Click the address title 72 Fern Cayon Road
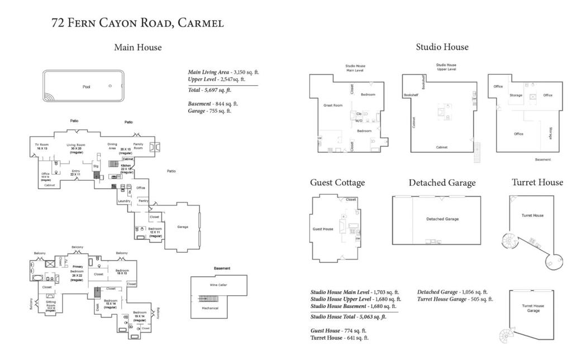(x=137, y=23)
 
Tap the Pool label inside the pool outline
(x=86, y=87)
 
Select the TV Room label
(x=42, y=147)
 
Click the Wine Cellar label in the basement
(x=218, y=285)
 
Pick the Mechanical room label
(x=210, y=308)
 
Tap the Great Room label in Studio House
(x=333, y=105)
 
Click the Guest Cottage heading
(x=337, y=183)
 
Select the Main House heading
(x=137, y=47)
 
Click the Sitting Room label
(x=50, y=304)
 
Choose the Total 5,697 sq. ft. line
(x=209, y=90)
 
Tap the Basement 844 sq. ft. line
(x=213, y=103)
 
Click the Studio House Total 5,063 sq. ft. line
(x=349, y=316)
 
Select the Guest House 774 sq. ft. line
(x=339, y=330)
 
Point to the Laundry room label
(x=123, y=200)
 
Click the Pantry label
(x=143, y=200)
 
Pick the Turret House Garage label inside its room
(x=533, y=308)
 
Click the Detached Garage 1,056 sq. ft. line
(x=452, y=291)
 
